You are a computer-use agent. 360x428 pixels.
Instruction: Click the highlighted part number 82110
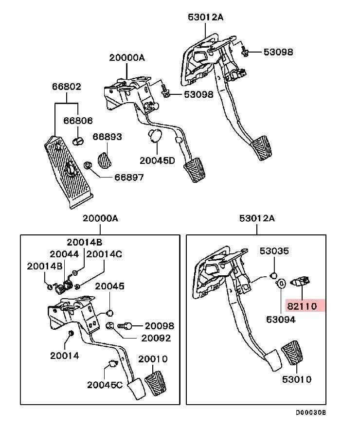(302, 306)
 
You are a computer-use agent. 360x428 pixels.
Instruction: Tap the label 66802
(67, 87)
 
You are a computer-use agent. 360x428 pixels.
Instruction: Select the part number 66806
(78, 121)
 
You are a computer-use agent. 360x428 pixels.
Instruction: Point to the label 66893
(107, 137)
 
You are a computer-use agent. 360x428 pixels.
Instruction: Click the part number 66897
(129, 178)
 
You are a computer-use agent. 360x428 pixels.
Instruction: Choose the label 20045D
(157, 160)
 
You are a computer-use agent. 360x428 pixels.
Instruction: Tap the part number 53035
(274, 251)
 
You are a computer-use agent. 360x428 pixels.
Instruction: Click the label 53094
(281, 320)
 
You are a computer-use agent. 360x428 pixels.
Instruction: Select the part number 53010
(297, 379)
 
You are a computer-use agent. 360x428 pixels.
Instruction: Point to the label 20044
(64, 254)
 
